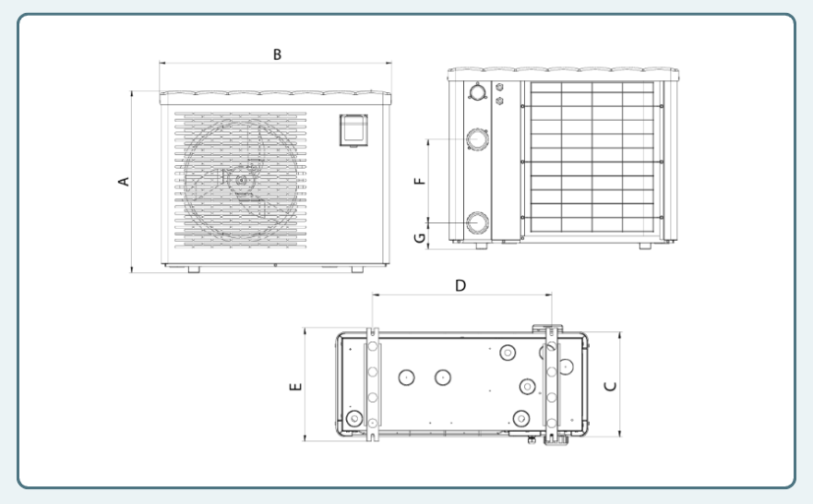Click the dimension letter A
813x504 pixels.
point(124,182)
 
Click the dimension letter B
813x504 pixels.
point(278,54)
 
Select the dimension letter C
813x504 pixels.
point(611,386)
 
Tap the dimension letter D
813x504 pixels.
point(460,286)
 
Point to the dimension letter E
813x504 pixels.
point(295,387)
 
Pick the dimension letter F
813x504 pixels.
point(420,181)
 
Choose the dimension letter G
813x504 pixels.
point(420,238)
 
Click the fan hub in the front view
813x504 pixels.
point(242,180)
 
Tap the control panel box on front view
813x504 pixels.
point(353,130)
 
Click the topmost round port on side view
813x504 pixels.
point(477,91)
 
